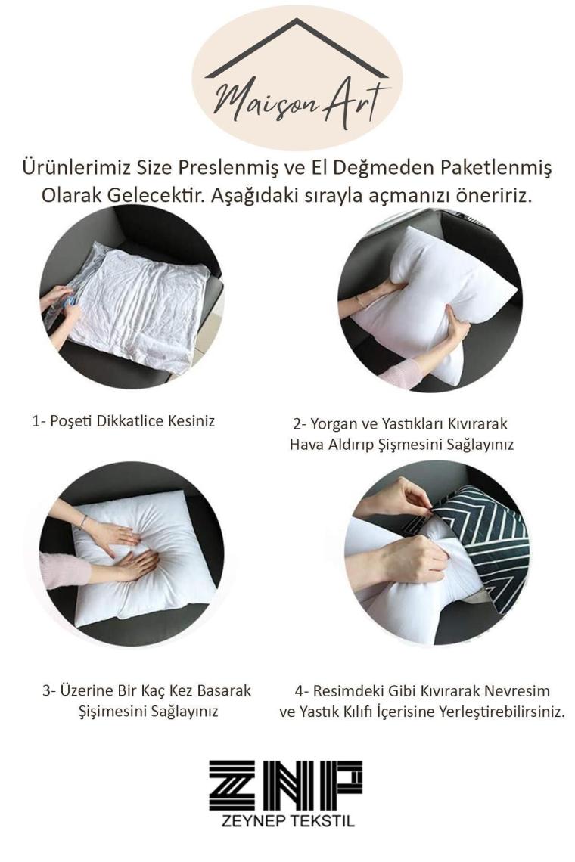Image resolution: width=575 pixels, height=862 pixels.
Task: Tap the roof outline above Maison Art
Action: (297, 47)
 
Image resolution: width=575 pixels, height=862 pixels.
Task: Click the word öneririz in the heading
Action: (493, 195)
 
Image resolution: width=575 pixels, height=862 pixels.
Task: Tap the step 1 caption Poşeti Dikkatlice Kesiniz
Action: (123, 421)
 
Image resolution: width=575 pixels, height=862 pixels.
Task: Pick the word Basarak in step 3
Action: (224, 690)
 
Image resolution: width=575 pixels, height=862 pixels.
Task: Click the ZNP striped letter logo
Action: (285, 786)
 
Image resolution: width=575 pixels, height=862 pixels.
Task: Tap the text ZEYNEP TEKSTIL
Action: (287, 821)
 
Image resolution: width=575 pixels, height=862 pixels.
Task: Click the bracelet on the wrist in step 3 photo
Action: (82, 522)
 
